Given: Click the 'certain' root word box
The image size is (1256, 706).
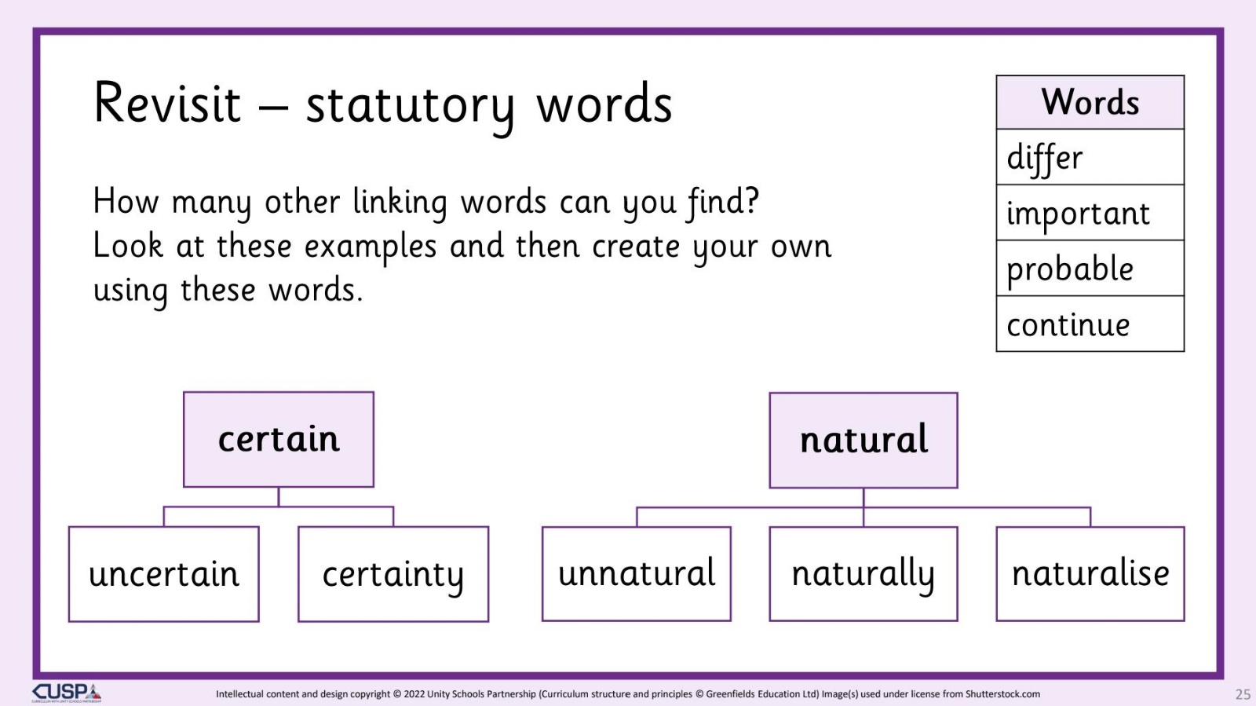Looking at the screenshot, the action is (x=279, y=440).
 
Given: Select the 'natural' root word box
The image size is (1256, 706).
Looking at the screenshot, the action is (x=863, y=441).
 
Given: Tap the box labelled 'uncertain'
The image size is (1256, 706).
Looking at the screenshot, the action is (x=164, y=574).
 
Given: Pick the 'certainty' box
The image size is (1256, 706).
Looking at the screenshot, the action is (x=393, y=574).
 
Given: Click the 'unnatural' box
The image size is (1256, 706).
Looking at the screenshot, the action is (x=637, y=573).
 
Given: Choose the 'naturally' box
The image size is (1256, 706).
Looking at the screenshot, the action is (x=863, y=573).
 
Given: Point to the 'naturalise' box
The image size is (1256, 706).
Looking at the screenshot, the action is (x=1090, y=573).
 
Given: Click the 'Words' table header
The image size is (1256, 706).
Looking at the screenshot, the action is (x=1090, y=102).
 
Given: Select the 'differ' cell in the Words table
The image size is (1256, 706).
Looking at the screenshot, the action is (x=1090, y=157).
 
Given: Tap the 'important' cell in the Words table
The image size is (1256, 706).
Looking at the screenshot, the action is (x=1090, y=213).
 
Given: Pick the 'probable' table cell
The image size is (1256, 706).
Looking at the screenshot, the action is (x=1090, y=268).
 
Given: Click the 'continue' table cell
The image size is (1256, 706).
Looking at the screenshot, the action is (x=1090, y=324).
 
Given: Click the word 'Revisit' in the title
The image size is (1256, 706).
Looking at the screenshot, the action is (x=167, y=103).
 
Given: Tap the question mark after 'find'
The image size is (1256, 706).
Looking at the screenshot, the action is (x=752, y=199).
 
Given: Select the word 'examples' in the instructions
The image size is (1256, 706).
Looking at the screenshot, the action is (x=370, y=248).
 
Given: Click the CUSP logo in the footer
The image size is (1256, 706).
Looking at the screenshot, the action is (x=67, y=693).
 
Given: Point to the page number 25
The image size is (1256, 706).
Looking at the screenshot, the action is (x=1243, y=694).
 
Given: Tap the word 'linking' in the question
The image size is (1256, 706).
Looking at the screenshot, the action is (x=400, y=203).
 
